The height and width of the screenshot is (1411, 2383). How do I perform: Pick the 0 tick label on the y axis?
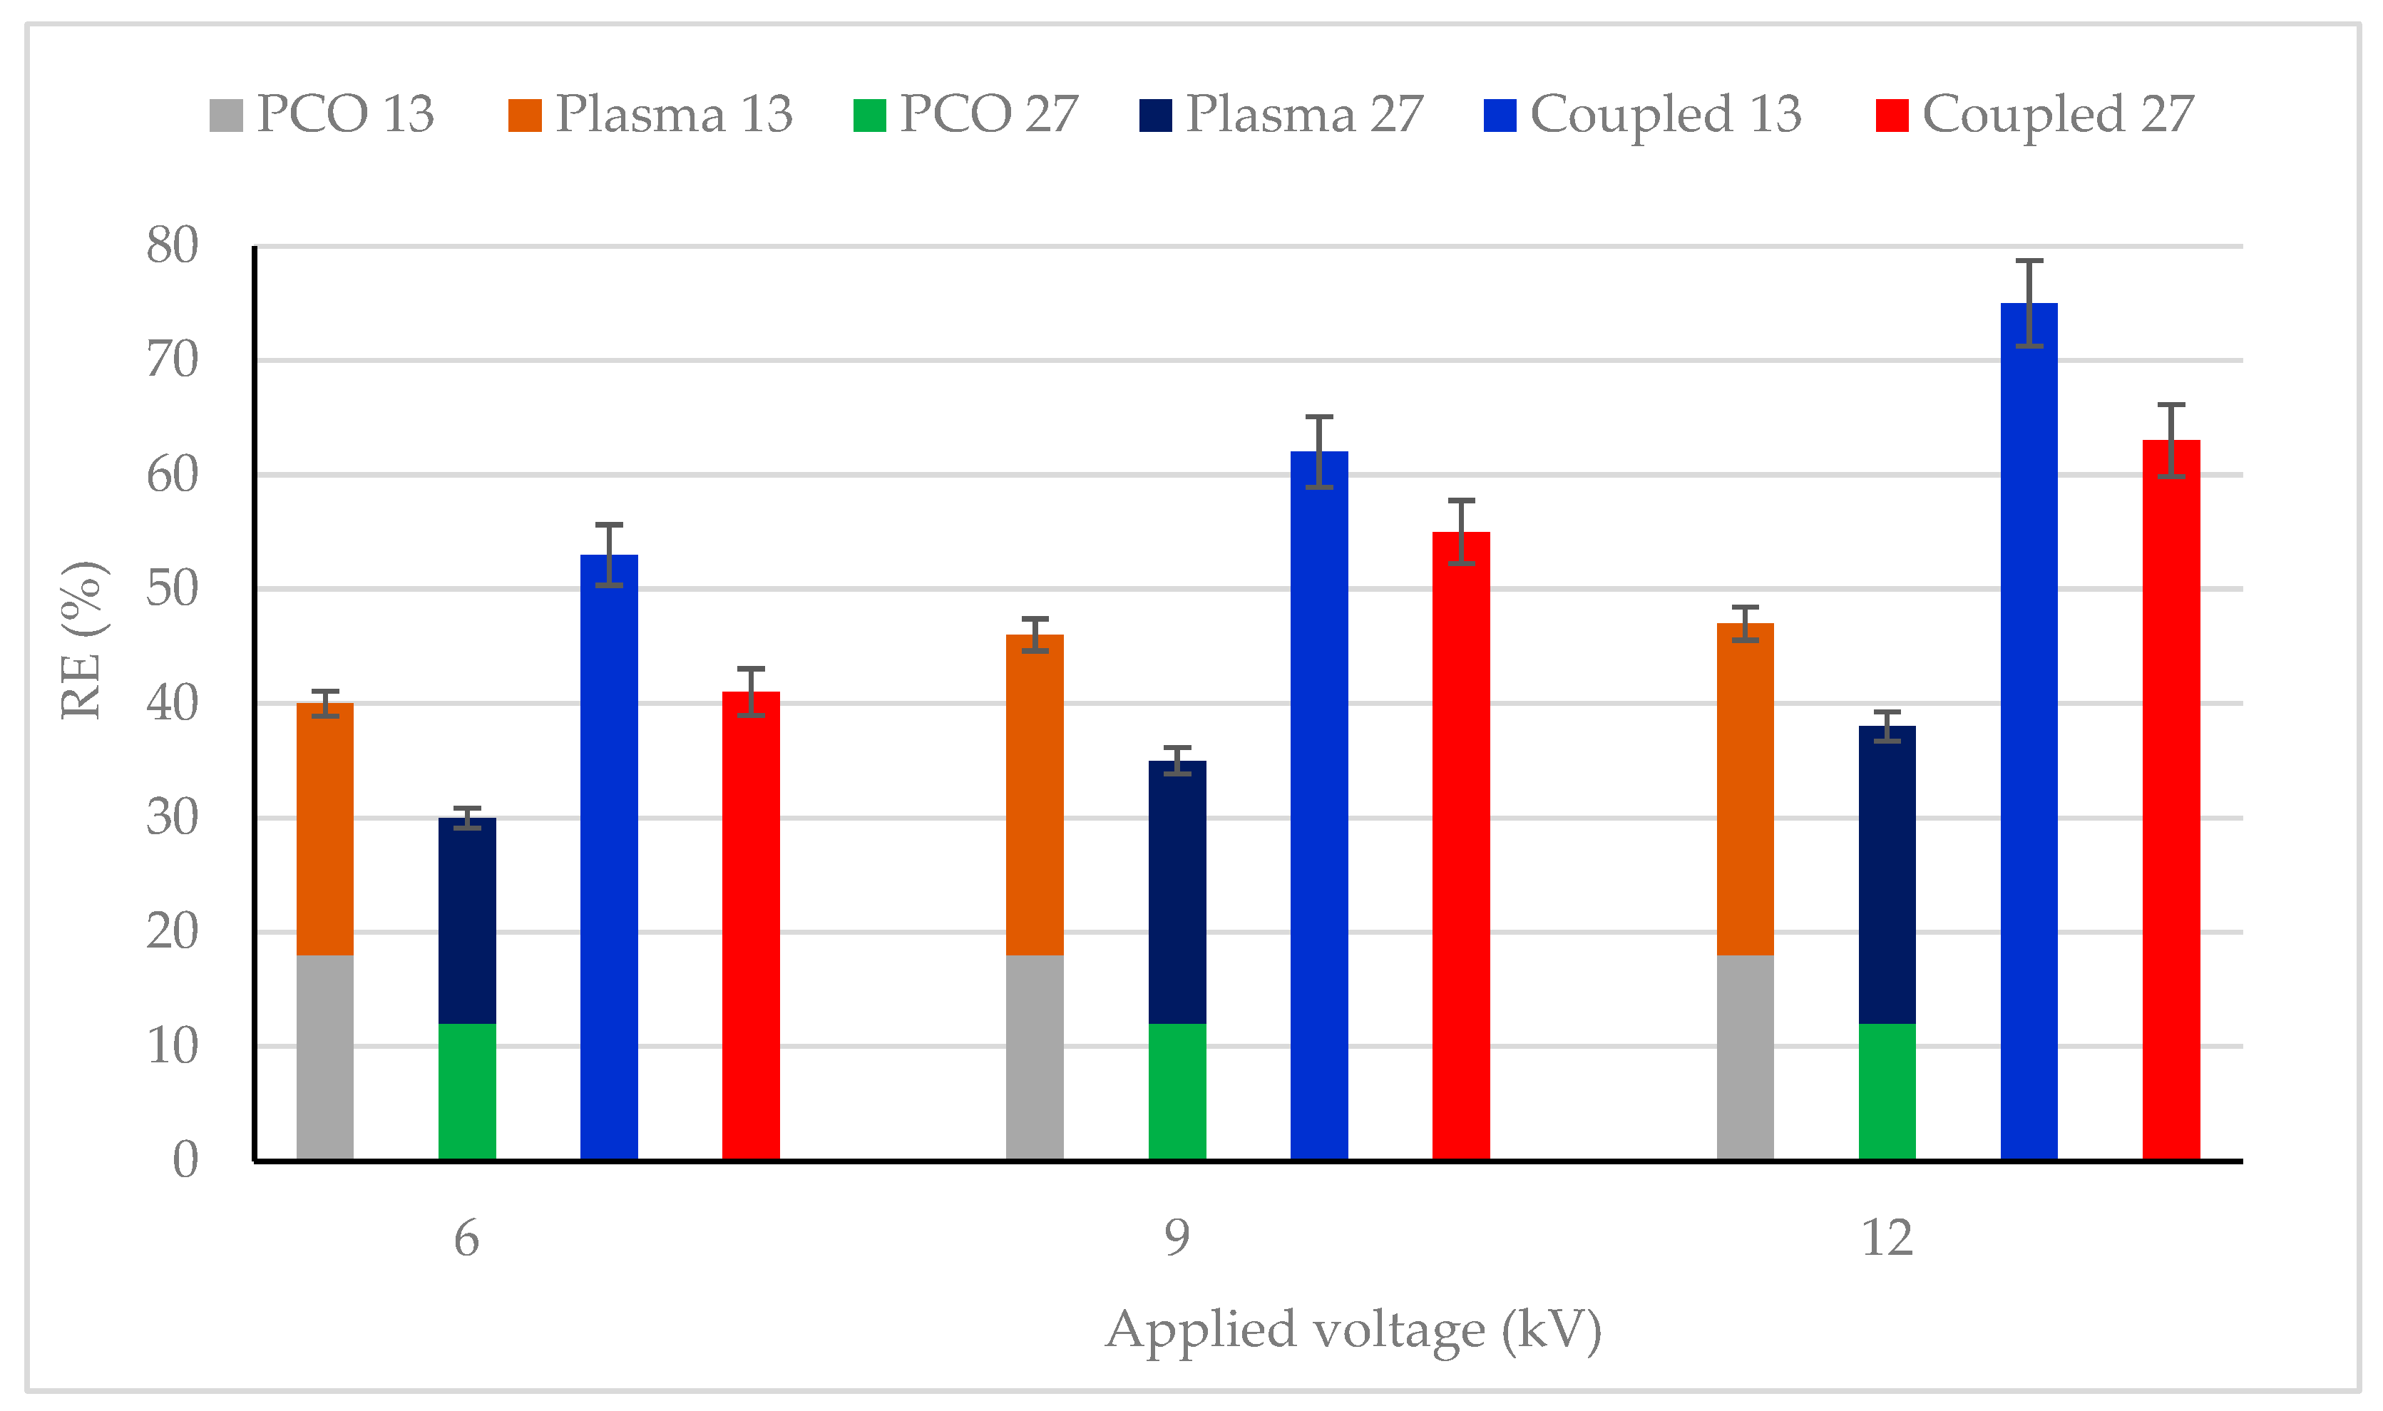[185, 1161]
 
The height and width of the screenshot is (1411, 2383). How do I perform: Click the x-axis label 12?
[1886, 1239]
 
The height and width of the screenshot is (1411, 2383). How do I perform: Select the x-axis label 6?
[466, 1239]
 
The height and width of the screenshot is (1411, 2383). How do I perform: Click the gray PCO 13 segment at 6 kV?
[324, 1057]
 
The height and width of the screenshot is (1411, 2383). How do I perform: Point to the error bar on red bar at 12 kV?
[2171, 440]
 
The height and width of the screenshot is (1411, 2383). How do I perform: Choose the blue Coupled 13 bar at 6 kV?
[609, 856]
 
